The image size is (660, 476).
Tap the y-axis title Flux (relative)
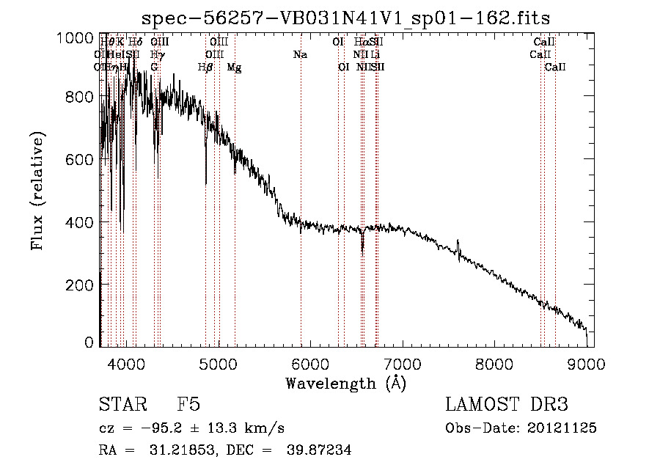point(37,190)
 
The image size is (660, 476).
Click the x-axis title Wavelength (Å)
point(345,383)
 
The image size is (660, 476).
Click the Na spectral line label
point(299,54)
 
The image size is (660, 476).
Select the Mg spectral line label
point(234,67)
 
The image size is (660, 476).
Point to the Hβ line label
point(205,67)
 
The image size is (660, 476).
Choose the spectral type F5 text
point(188,406)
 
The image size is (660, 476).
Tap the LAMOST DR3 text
point(507,406)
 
